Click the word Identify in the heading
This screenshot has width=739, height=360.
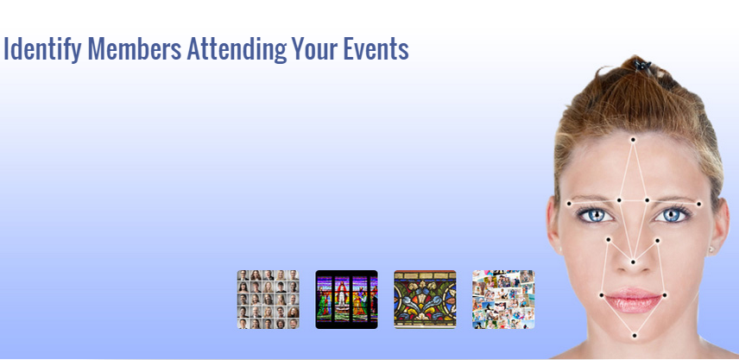pos(42,49)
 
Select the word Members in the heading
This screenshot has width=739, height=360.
pos(135,48)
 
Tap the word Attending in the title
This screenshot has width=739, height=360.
pos(237,49)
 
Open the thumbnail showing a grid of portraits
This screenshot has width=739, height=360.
pos(268,300)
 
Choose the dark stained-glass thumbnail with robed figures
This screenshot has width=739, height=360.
pos(346,300)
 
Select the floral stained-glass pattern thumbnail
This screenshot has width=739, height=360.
pos(425,300)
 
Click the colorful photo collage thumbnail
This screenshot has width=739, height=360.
pos(503,300)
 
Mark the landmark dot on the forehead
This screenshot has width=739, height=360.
pos(633,140)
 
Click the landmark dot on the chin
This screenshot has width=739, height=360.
pos(635,336)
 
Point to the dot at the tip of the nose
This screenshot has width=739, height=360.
pos(633,262)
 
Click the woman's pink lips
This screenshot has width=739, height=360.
pos(633,300)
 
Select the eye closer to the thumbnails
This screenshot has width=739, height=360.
pos(597,215)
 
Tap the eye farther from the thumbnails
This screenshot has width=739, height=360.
pos(672,215)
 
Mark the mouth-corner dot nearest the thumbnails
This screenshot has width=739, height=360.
pos(602,295)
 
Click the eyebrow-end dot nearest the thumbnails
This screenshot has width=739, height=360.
pos(569,204)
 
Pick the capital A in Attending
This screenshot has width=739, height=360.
pos(194,48)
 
